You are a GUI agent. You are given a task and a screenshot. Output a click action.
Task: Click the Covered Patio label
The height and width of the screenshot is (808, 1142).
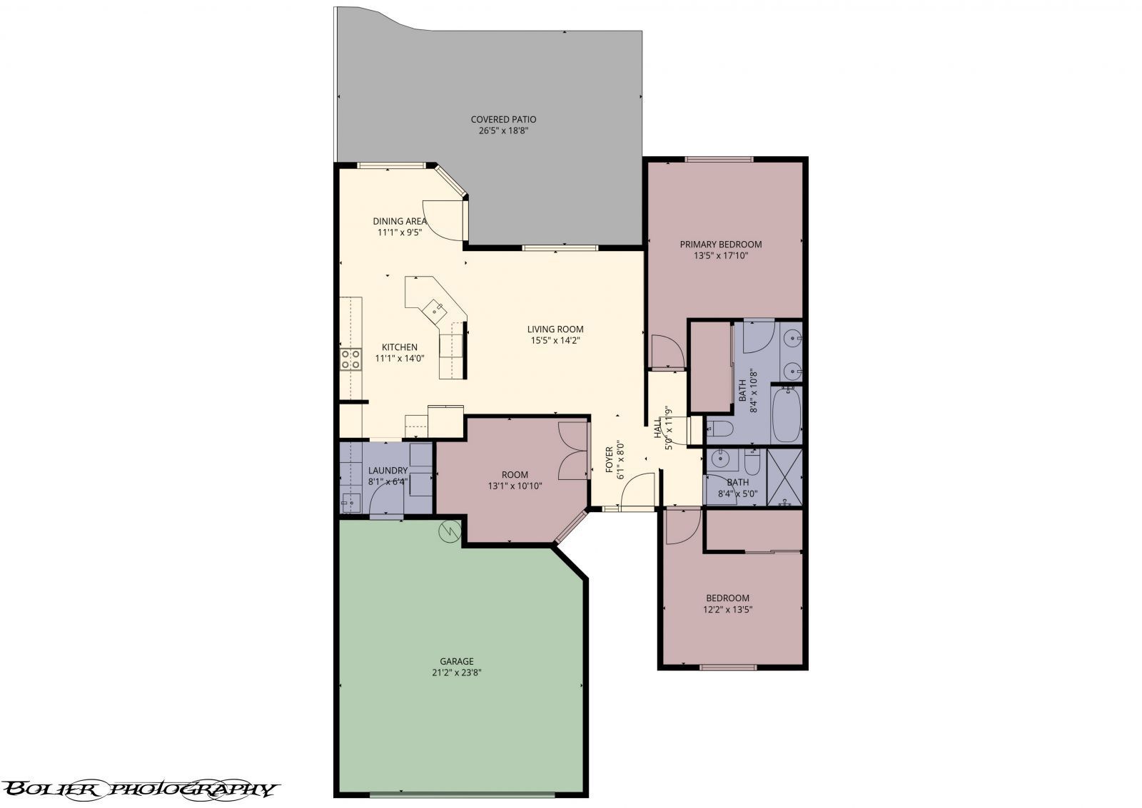click(x=503, y=120)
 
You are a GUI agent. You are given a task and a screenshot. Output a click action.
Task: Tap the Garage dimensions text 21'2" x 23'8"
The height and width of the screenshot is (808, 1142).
click(x=456, y=673)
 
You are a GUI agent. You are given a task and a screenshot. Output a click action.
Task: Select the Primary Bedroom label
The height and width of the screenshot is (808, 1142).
click(x=720, y=245)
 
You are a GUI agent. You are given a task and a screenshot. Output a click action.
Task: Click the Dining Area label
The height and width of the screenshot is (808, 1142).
click(x=400, y=221)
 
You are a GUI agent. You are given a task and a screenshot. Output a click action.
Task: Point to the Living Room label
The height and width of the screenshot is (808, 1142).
click(x=555, y=329)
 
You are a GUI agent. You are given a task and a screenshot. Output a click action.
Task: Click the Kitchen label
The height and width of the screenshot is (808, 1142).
click(x=400, y=347)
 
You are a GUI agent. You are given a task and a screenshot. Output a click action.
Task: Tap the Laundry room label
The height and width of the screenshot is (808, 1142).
click(x=388, y=471)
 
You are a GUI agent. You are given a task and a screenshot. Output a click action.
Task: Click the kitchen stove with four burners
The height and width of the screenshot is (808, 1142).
click(x=350, y=359)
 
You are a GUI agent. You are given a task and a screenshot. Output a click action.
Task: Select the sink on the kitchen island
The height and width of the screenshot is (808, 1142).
click(x=435, y=310)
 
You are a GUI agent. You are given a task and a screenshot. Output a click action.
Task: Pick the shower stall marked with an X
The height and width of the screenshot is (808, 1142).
click(x=784, y=476)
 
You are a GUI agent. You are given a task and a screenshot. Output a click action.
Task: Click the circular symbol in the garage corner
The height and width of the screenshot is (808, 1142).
click(x=449, y=531)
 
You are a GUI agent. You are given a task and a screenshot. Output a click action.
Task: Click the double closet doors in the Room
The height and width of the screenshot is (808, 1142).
click(x=572, y=450)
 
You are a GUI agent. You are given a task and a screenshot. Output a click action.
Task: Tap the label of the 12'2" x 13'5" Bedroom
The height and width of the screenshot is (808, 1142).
click(x=727, y=598)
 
